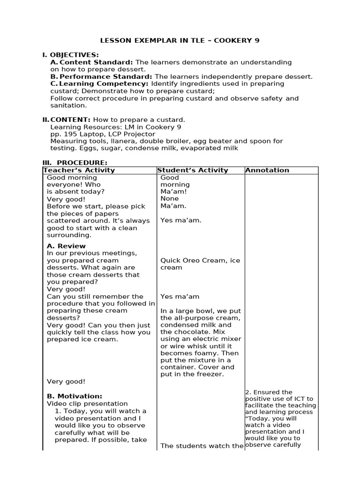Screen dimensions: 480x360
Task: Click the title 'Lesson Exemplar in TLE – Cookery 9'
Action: point(180,40)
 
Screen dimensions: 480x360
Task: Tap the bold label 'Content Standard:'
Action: point(97,62)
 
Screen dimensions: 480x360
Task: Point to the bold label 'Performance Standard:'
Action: point(105,76)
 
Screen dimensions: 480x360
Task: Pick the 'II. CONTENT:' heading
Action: point(67,120)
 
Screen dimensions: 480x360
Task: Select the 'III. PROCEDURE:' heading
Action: point(75,162)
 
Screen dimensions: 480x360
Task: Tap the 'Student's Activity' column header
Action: point(193,170)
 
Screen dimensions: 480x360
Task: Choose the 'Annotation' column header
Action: point(267,170)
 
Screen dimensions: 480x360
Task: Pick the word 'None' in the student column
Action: point(169,198)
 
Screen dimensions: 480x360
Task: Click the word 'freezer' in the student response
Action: point(212,374)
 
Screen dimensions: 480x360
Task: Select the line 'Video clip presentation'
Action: point(87,404)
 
